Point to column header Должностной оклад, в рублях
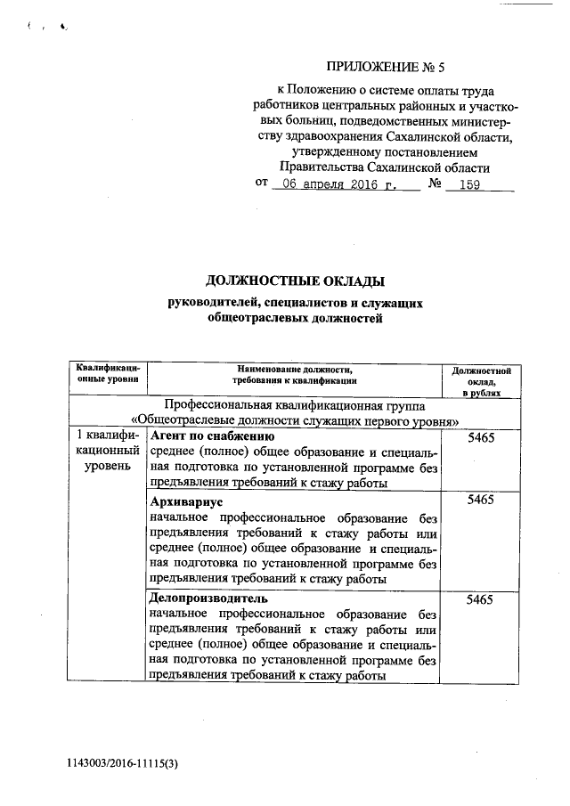coord(480,380)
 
